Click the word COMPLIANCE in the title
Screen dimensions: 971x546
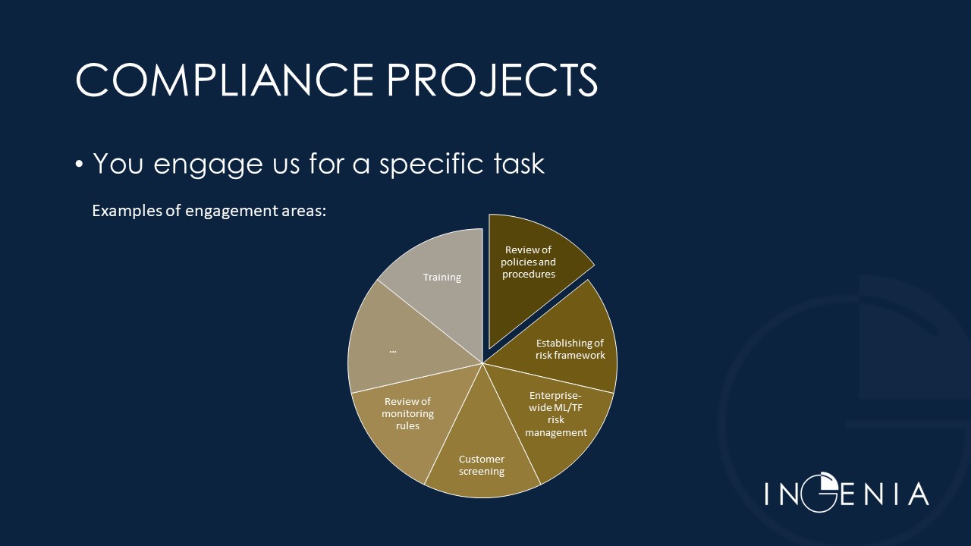tap(225, 80)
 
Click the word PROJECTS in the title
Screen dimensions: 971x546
tap(492, 80)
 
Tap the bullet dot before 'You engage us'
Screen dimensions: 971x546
tap(79, 165)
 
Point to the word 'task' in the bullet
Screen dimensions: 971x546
tap(519, 163)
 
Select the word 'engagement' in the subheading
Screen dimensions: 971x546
tap(232, 212)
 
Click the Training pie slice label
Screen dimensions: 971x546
tap(442, 278)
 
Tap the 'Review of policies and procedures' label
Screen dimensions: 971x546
tap(529, 262)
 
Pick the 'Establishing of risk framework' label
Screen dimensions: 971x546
tap(570, 350)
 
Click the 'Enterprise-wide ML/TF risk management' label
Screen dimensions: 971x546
tap(556, 414)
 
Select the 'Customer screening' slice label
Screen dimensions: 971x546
tap(482, 465)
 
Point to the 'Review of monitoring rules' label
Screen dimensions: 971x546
tap(407, 413)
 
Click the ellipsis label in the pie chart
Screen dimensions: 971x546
tap(393, 350)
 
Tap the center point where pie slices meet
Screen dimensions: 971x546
tap(482, 363)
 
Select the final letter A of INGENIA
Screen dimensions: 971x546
tap(919, 494)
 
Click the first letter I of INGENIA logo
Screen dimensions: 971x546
tap(767, 494)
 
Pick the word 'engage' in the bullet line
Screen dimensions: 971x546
tap(208, 165)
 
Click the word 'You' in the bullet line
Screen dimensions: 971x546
tap(118, 163)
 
